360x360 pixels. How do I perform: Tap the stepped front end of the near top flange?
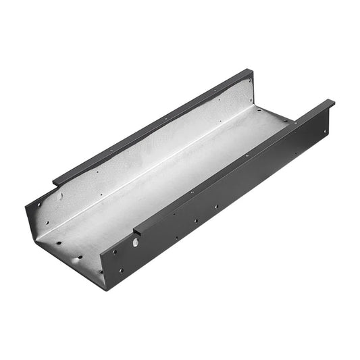pyautogui.click(x=138, y=230)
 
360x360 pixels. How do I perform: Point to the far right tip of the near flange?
pyautogui.click(x=332, y=103)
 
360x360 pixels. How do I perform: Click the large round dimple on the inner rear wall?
pyautogui.click(x=59, y=197)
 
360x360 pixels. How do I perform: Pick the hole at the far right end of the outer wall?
pyautogui.click(x=326, y=130)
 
